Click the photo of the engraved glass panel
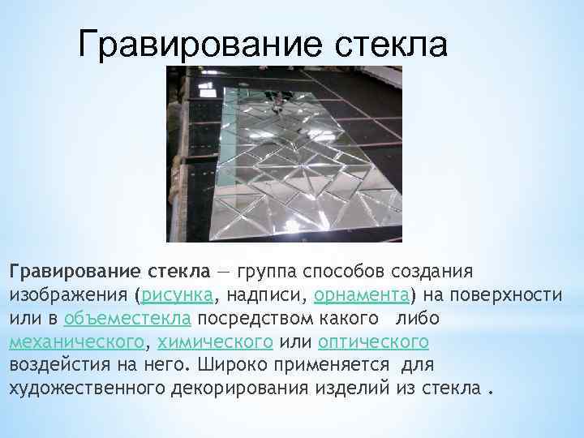point(285,154)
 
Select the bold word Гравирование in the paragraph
point(63,268)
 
